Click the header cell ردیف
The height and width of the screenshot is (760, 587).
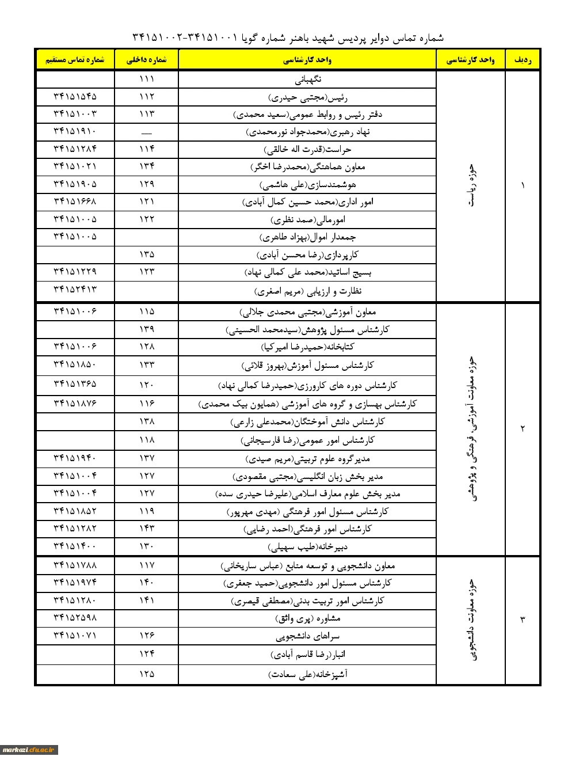523,60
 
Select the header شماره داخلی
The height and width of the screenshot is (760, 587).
146,60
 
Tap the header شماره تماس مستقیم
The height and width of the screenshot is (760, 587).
75,60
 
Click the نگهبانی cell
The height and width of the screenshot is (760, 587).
307,79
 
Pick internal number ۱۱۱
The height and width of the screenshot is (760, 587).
146,79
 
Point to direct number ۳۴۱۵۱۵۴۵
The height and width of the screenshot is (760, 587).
75,97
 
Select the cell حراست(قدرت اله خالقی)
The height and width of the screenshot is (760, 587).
307,150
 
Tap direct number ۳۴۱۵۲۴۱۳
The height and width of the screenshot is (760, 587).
75,289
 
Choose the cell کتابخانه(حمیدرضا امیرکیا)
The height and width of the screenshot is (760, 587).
307,347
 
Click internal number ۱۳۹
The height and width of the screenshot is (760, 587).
146,329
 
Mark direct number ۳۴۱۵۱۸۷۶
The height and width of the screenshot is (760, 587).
75,403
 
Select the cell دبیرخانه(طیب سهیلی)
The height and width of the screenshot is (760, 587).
307,546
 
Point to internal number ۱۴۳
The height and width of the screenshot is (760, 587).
146,529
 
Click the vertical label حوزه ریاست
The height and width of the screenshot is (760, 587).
472,185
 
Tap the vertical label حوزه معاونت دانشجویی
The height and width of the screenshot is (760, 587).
472,620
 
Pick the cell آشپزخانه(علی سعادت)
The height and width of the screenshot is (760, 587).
307,674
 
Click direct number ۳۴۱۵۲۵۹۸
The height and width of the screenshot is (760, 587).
75,618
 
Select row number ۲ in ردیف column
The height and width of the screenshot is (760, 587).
523,428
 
